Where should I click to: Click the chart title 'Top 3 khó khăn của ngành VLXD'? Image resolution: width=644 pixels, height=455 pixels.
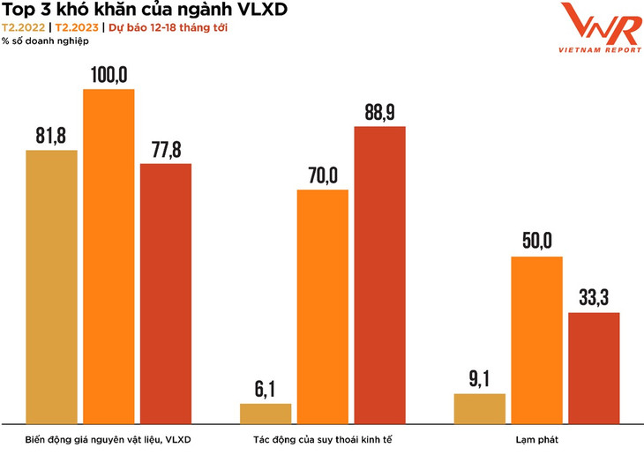pos(145,10)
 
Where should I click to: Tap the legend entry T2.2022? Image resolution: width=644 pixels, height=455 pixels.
pos(24,26)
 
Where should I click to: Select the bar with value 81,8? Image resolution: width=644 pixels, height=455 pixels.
pos(52,287)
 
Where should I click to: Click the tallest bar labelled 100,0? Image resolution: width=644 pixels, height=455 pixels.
pos(109,257)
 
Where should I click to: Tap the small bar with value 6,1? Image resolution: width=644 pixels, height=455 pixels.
pos(266,414)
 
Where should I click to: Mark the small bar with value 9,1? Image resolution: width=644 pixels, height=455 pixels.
pos(480,408)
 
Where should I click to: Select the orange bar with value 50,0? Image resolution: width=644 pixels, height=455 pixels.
pos(536,340)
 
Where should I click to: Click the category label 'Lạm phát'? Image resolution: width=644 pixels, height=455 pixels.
pos(536,438)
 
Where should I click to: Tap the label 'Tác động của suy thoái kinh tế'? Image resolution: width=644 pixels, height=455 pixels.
pos(323,438)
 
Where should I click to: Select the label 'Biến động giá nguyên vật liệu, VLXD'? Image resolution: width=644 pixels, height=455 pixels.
pos(109,438)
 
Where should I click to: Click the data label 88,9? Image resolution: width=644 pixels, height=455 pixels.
pos(380,112)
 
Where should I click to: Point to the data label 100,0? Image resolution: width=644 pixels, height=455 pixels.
pos(109,74)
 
